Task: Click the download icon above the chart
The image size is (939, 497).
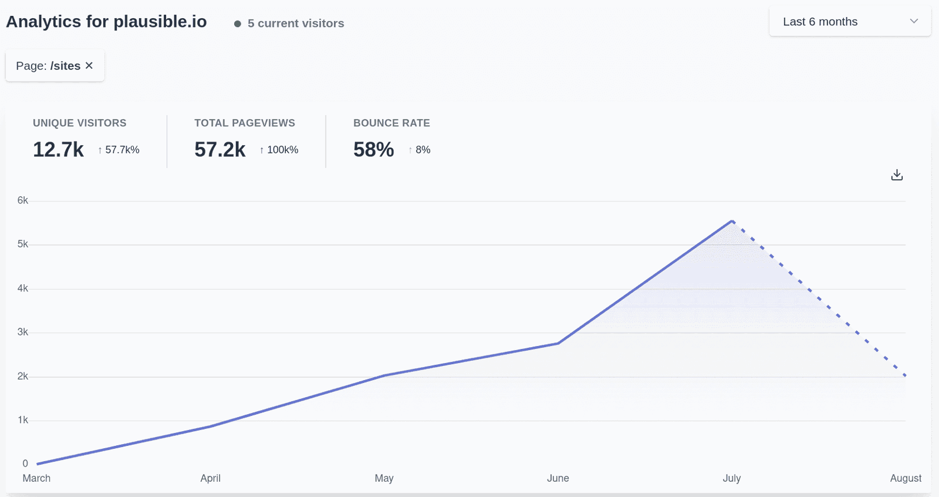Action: [897, 175]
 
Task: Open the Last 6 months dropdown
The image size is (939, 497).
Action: [849, 22]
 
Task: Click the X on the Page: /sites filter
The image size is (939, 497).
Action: [89, 65]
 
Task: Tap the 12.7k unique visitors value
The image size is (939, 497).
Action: [58, 150]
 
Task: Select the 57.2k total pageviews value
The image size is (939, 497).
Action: [219, 150]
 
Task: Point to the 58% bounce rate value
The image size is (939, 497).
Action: [373, 150]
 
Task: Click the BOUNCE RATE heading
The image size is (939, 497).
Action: [391, 123]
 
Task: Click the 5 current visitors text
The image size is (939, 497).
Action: [295, 23]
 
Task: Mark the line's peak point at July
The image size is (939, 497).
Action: [732, 221]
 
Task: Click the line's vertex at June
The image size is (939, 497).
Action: [558, 343]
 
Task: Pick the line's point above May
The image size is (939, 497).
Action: [384, 375]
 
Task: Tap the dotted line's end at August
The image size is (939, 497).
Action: [905, 375]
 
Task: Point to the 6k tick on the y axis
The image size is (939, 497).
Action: [23, 200]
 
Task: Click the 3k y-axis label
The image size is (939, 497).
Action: [23, 332]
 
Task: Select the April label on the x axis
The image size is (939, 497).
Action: [210, 478]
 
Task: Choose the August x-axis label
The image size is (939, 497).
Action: [905, 478]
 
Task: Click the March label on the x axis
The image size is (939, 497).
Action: [36, 478]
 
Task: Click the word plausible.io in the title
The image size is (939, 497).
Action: [160, 22]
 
